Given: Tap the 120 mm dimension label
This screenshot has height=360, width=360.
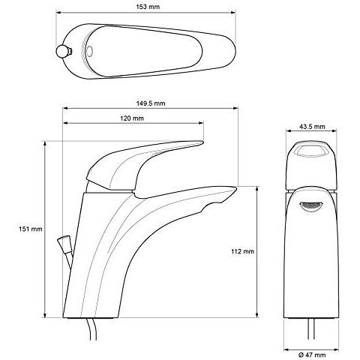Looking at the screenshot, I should click(x=132, y=119).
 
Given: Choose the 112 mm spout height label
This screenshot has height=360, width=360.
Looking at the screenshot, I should click(x=244, y=251).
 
